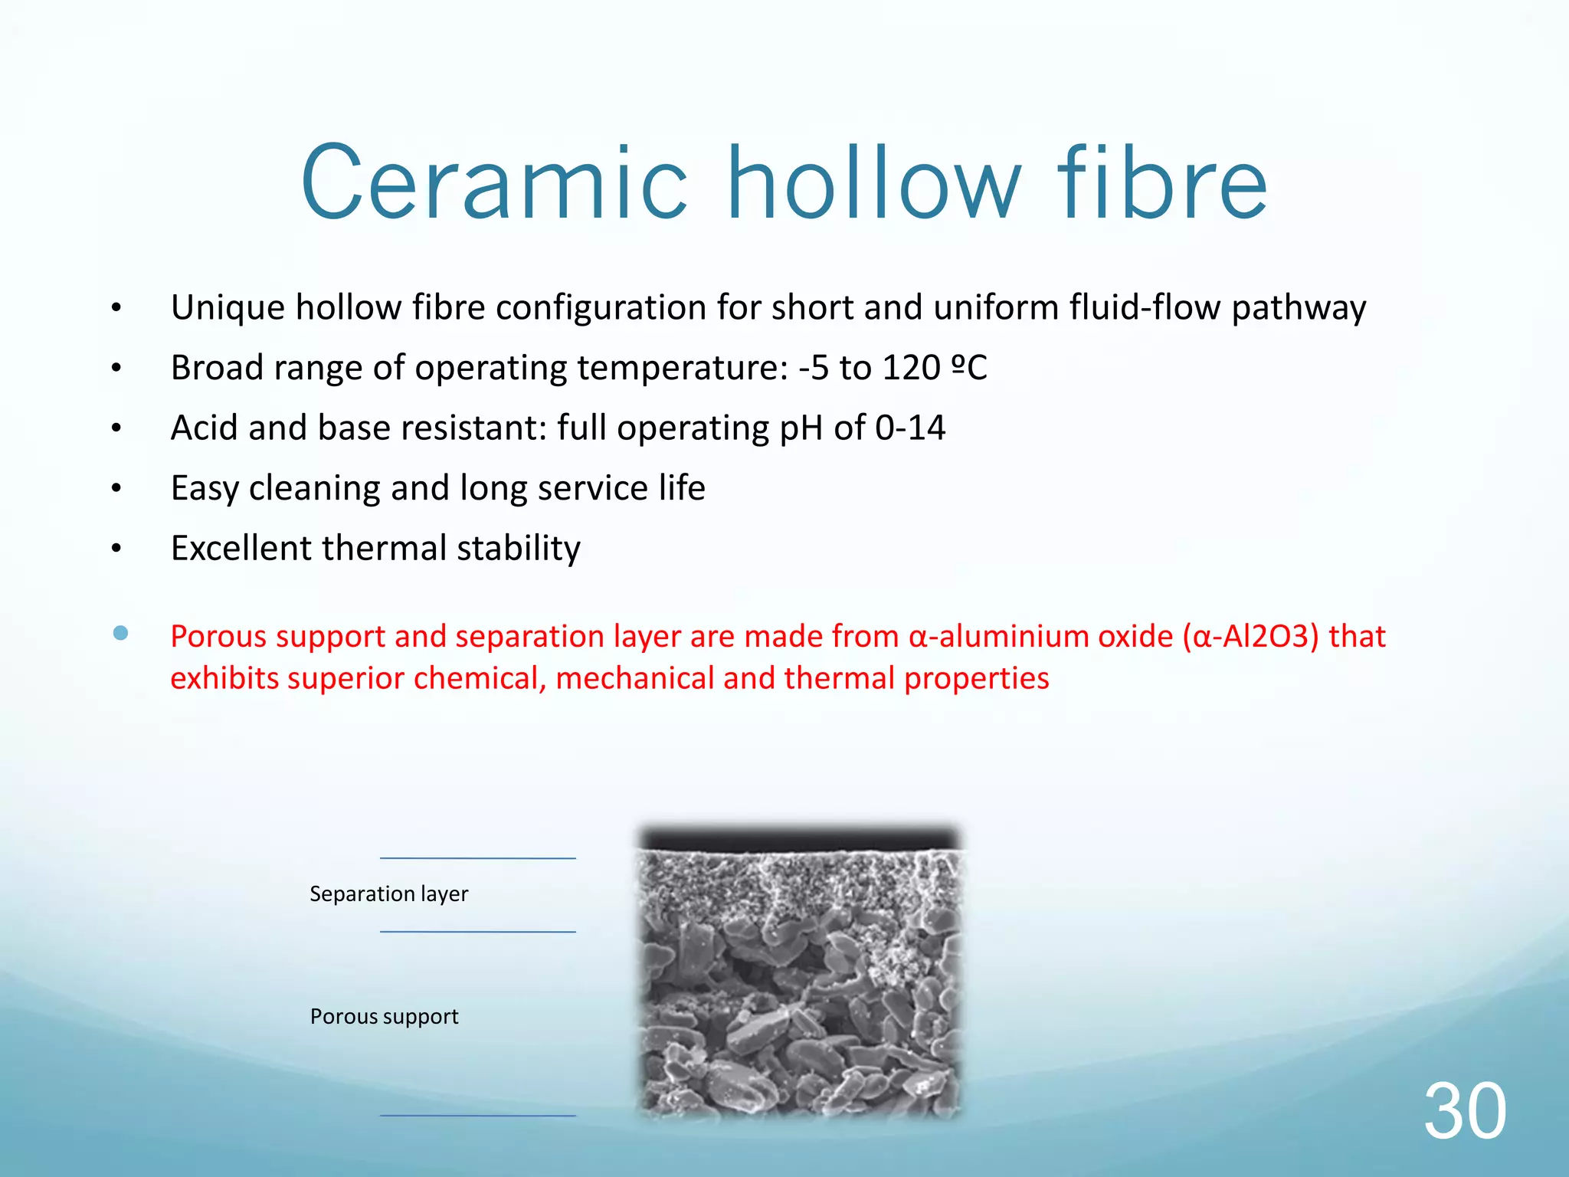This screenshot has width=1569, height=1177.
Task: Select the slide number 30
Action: coord(1464,1111)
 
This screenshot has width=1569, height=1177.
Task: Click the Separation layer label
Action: coord(388,894)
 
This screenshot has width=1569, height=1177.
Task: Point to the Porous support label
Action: coord(384,1017)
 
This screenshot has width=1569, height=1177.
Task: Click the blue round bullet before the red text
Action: coord(120,633)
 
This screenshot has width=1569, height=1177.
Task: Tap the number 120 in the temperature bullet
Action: coord(911,368)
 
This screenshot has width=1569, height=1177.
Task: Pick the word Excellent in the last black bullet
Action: coord(241,549)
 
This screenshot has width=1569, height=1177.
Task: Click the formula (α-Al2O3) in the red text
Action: coord(1250,637)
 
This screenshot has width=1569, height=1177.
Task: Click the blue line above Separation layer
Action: coord(477,858)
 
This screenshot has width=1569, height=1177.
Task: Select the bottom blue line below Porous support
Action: coord(477,1116)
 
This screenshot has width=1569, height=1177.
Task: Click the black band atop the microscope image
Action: coord(800,838)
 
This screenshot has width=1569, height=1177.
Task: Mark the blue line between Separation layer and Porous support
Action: coord(477,932)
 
